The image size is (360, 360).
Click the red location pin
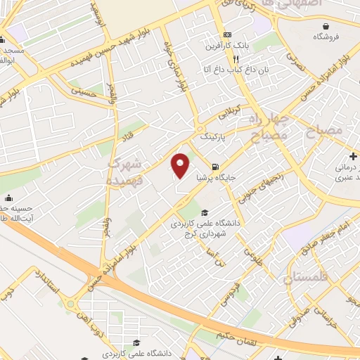(x=181, y=165)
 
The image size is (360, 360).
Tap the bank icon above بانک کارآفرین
(x=226, y=34)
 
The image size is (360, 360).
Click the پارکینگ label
(x=215, y=138)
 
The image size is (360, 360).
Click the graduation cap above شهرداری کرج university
(x=205, y=213)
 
